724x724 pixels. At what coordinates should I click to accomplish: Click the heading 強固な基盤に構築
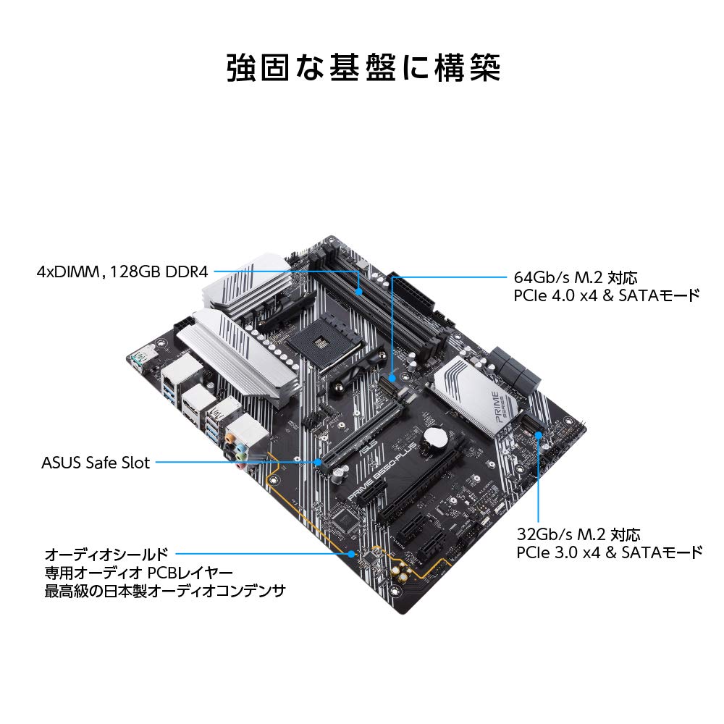(362, 68)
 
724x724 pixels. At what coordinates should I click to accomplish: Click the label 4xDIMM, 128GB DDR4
(122, 272)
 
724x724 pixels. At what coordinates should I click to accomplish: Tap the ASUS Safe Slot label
(96, 462)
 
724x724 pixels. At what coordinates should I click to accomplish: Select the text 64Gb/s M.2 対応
(576, 277)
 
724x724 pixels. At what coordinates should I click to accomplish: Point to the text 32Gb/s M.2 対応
(578, 535)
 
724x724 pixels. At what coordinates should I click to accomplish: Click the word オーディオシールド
(104, 554)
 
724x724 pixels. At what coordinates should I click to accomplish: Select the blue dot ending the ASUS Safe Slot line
(319, 461)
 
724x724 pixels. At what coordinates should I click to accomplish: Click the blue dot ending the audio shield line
(352, 554)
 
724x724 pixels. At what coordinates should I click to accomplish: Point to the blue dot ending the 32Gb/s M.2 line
(540, 435)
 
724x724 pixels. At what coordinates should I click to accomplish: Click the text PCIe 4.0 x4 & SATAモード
(607, 295)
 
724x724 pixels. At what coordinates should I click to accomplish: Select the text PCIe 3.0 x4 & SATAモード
(609, 553)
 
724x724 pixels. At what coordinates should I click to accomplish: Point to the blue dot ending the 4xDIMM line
(361, 290)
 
